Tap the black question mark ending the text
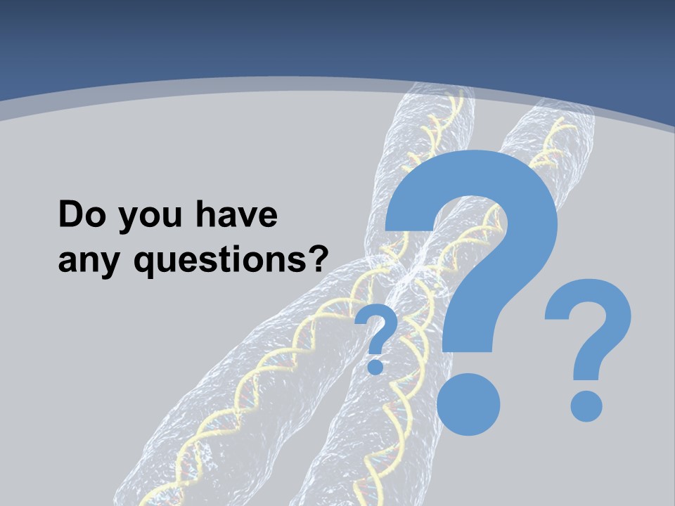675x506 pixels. tap(320, 259)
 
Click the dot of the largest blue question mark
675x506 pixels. tap(468, 401)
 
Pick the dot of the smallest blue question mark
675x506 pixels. tap(376, 366)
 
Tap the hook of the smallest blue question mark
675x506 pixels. tap(378, 325)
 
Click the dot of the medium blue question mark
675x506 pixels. tap(586, 406)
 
